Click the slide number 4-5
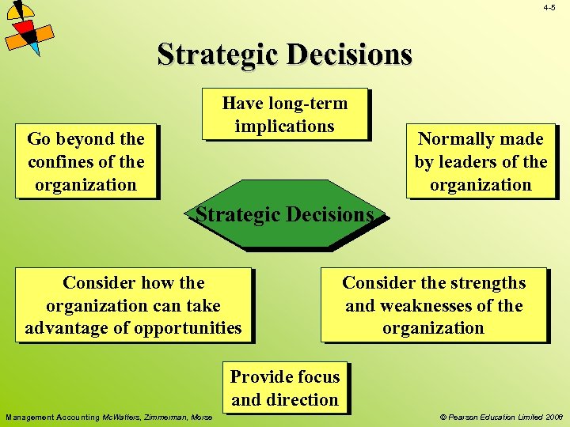[x=549, y=8]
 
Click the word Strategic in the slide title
[x=219, y=54]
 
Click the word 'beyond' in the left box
[x=86, y=139]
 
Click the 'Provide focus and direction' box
[x=285, y=388]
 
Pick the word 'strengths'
[x=488, y=283]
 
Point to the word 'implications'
[x=285, y=127]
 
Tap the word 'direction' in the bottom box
[x=301, y=400]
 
